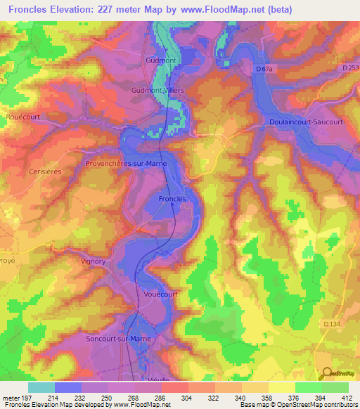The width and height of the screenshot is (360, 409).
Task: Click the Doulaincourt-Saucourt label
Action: [x=305, y=122]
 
